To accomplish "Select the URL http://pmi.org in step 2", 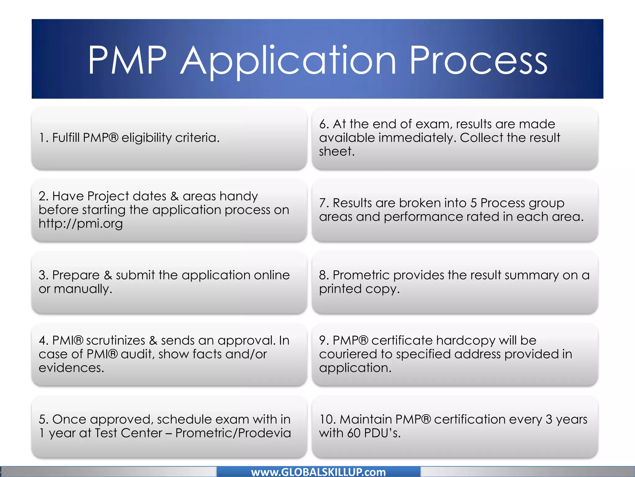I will coord(81,224).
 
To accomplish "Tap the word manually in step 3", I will coord(83,289).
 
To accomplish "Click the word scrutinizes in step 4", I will coord(115,341).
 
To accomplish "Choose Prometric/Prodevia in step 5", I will coord(233,433).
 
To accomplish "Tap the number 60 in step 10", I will coord(354,433).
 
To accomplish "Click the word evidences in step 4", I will coord(71,368).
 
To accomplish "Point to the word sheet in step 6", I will coord(337,152).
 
